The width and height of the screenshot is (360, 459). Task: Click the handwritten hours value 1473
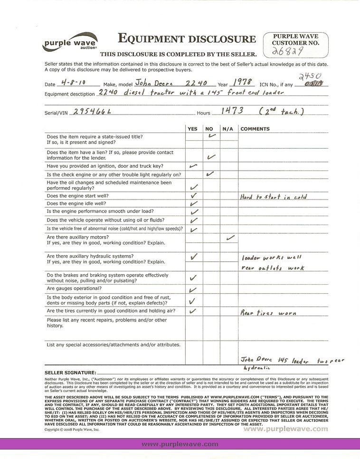coord(232,111)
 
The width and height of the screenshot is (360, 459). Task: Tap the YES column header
coord(192,129)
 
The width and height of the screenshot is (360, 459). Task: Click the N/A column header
coord(227,129)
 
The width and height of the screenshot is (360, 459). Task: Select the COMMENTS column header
coord(255,129)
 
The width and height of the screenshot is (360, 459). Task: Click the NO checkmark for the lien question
coord(211,156)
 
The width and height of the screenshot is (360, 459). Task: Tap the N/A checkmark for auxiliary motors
coord(230,237)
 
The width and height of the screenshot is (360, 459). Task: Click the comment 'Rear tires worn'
coord(268,313)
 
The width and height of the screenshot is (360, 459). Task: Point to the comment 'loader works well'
coord(272,257)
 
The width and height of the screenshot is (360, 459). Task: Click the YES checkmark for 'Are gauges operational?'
coord(193,290)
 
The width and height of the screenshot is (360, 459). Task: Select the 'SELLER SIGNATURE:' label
coord(70,373)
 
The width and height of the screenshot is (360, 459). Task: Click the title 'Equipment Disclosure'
coord(186,39)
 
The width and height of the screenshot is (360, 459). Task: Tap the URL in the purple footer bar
coord(180,444)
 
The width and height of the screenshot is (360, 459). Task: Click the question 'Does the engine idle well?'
coord(77,203)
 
